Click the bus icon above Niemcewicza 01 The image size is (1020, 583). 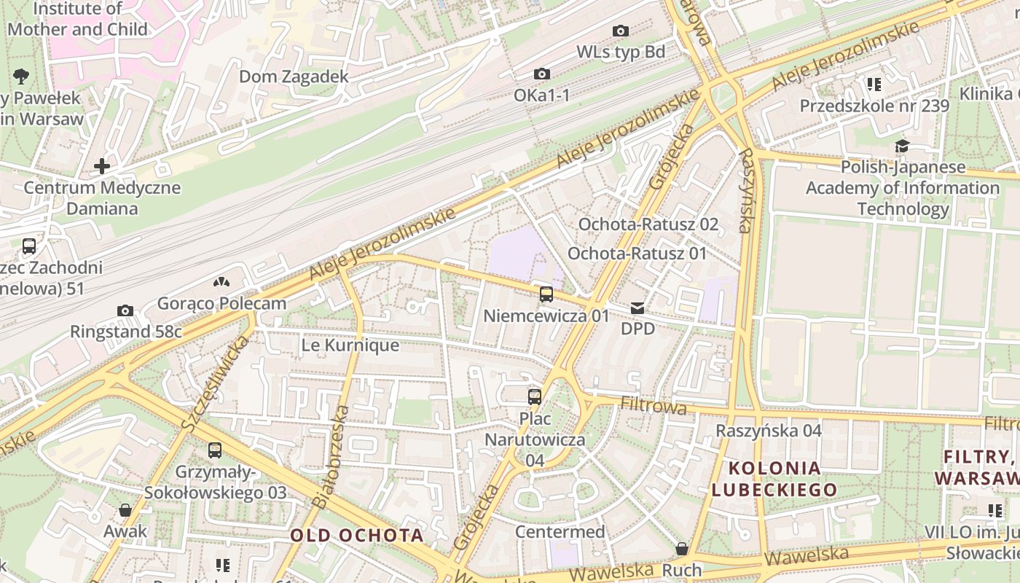pos(546,294)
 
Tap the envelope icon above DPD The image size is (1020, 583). pos(637,308)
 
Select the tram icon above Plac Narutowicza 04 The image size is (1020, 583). pos(535,397)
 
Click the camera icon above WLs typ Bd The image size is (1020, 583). pos(621,31)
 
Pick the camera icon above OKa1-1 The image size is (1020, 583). pos(542,74)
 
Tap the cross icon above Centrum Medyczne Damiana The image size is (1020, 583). pos(102,166)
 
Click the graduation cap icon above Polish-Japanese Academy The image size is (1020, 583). pos(902,146)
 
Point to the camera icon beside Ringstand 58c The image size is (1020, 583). pos(125,311)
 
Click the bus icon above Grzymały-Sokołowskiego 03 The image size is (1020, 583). pos(215,450)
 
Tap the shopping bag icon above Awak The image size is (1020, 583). pos(125,510)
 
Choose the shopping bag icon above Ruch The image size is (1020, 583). pos(682,549)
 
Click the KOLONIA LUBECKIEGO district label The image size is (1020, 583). pos(774,478)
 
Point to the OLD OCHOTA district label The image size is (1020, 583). pos(357,535)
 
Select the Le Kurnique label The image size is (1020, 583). pos(350,345)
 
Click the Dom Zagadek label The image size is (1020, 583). pos(294,77)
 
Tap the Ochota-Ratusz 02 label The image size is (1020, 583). pos(648,224)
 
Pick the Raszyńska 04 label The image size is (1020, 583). pos(769,430)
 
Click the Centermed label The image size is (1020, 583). pos(560,531)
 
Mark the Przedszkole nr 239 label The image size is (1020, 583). pos(874,106)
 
